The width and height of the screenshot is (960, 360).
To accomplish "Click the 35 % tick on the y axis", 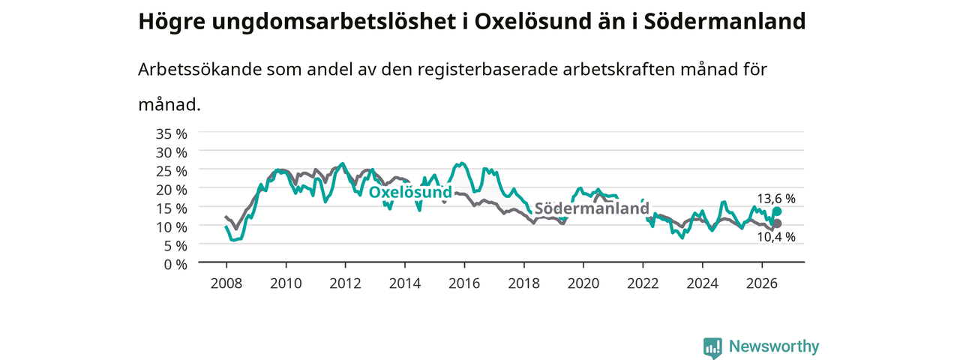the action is (x=172, y=134).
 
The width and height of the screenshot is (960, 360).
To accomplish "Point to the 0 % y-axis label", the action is (x=175, y=265).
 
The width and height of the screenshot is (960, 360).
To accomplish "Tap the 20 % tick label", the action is (x=172, y=190).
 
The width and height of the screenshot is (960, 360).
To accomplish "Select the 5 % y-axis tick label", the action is (x=175, y=246).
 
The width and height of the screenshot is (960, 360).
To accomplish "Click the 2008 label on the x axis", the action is (x=226, y=283).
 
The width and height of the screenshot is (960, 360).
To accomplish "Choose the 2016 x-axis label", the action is (x=464, y=283).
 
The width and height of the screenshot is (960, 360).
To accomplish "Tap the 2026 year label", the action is (x=762, y=283).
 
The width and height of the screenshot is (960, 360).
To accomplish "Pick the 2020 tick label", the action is (x=583, y=283).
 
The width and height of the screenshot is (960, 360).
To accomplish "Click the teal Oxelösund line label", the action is (x=410, y=192).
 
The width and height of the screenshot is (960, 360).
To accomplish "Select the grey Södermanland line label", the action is (x=592, y=208).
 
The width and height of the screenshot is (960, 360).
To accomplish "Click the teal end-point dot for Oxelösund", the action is (x=777, y=211).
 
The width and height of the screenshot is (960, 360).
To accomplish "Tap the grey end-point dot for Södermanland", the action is (x=777, y=223).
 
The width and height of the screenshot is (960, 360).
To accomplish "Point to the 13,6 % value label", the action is (x=776, y=199).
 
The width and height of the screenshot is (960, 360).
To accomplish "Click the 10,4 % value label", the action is (x=776, y=237).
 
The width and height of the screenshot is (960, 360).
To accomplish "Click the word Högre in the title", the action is (x=172, y=22).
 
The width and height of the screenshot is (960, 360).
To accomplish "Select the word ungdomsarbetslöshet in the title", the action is (x=333, y=22).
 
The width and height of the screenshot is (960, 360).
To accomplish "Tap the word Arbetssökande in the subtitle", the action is (x=199, y=70).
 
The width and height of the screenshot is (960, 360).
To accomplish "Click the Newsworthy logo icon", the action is (x=712, y=347).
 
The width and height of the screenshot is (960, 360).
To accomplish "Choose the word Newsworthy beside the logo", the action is (x=774, y=346).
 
